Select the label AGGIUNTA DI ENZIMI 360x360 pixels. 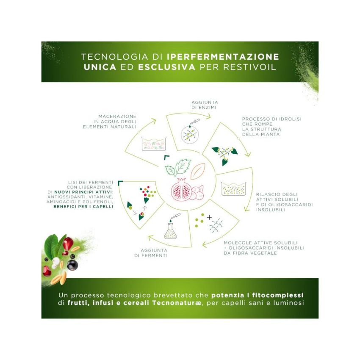[x=205, y=105]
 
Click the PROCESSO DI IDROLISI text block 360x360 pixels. [x=271, y=127]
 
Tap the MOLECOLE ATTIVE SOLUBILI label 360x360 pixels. [x=264, y=248]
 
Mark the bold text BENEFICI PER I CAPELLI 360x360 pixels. [x=83, y=207]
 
